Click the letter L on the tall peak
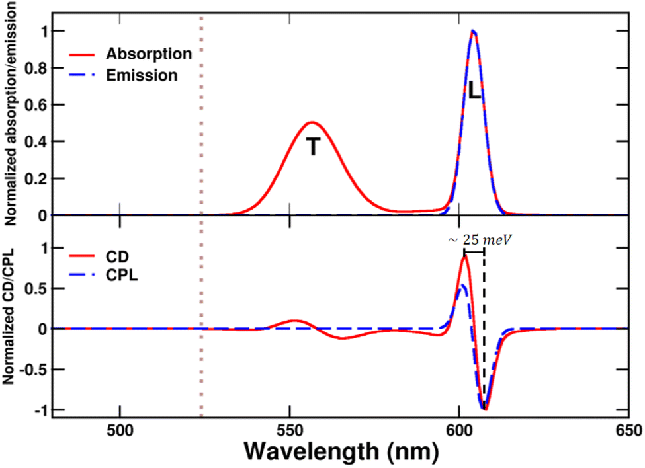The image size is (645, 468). (474, 92)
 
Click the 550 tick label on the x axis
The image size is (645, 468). (290, 429)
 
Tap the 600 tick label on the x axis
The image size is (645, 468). (459, 429)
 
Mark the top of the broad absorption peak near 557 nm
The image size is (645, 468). (312, 122)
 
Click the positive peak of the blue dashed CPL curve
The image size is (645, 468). (464, 285)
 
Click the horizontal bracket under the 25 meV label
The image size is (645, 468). (474, 251)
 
